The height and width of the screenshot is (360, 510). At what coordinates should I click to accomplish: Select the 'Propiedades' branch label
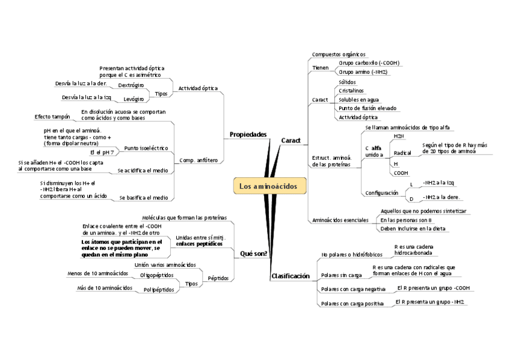pos(248,135)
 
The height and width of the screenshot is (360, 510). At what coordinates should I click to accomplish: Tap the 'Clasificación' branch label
pos(290,276)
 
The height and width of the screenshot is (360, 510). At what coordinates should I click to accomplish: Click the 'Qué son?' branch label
pos(253,254)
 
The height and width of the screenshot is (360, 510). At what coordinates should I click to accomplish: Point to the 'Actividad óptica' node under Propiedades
pos(198,88)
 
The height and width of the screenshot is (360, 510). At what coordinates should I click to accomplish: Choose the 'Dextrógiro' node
pos(131,85)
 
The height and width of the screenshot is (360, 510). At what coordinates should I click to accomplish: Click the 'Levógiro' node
pos(134,99)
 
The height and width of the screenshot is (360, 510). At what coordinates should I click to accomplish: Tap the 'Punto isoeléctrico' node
pos(146,148)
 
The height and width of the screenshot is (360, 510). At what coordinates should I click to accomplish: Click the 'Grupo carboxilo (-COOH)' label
pos(369,63)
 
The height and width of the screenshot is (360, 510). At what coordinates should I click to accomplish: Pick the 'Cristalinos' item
pos(351,91)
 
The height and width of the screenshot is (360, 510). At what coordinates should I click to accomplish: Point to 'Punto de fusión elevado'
pos(367,108)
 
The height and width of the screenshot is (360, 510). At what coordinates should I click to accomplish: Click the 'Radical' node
pos(402,153)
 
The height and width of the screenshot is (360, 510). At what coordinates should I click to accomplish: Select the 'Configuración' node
pos(381,193)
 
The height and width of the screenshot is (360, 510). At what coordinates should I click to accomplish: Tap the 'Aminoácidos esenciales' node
pos(340,220)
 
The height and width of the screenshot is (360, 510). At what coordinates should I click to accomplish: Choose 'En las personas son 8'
pos(406,220)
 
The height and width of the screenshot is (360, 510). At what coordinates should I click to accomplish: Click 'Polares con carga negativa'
pos(353,290)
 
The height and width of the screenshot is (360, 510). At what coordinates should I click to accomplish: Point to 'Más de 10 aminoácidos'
pos(105,288)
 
